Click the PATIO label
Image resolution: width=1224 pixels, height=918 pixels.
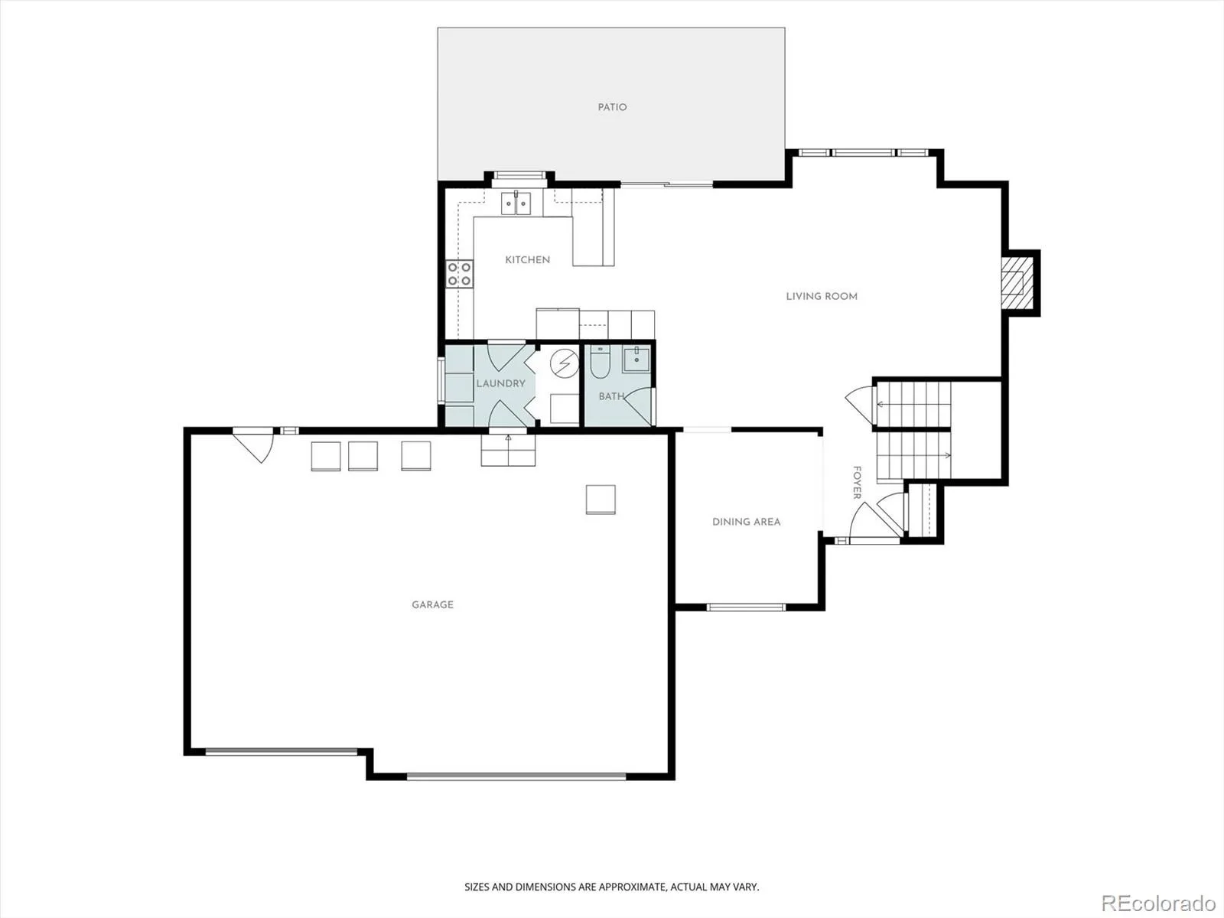[612, 107]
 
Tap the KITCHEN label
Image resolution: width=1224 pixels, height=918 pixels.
[528, 260]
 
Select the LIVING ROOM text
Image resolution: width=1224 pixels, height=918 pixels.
[822, 297]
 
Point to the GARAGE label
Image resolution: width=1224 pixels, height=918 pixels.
[432, 605]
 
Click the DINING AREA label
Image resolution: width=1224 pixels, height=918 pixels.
[746, 522]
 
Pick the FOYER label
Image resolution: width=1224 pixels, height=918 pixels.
[857, 483]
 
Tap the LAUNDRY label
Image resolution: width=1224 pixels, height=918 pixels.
[501, 383]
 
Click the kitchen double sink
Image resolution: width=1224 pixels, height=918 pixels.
[516, 203]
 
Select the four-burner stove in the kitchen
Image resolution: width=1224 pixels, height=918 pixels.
[460, 274]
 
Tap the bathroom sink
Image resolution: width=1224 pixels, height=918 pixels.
[636, 359]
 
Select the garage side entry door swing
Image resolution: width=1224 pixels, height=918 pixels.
[254, 444]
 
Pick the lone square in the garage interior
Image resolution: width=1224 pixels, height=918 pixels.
[601, 500]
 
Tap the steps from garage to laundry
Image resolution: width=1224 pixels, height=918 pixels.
[508, 450]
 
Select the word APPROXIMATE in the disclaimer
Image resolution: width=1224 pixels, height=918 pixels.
[633, 887]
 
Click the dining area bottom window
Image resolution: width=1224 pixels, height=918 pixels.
[746, 607]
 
